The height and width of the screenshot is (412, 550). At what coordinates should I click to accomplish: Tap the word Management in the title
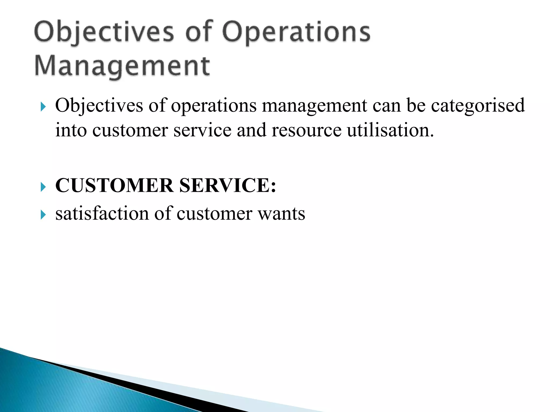click(122, 66)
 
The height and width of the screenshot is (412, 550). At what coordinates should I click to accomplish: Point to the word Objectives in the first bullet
click(99, 105)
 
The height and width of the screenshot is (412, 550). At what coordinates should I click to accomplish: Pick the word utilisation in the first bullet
click(390, 130)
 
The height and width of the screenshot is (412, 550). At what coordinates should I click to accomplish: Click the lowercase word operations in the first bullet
click(214, 105)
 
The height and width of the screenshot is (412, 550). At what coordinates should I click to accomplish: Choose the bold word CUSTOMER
click(114, 185)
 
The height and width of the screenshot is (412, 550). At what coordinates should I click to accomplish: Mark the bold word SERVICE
click(227, 185)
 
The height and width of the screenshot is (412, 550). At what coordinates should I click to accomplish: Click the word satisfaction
click(102, 214)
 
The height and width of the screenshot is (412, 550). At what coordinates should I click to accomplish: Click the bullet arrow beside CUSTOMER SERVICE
click(43, 187)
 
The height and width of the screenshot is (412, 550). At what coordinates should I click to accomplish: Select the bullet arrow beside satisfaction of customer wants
click(43, 215)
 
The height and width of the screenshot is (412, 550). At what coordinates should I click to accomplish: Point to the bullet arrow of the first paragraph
click(43, 107)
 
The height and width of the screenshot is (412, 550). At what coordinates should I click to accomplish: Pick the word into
click(71, 130)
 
